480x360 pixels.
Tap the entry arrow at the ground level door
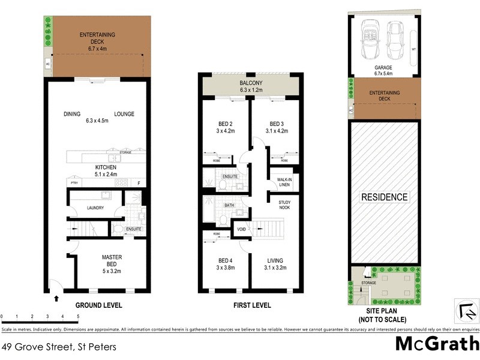[56, 297]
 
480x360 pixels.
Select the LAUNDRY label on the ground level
[96, 208]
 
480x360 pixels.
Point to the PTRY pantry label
[76, 183]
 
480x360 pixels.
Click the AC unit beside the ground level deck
[48, 64]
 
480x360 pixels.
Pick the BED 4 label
[226, 264]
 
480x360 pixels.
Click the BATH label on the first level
[229, 205]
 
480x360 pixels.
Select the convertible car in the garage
[368, 38]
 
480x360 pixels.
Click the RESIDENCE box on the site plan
[384, 197]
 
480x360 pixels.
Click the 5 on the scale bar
[78, 316]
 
